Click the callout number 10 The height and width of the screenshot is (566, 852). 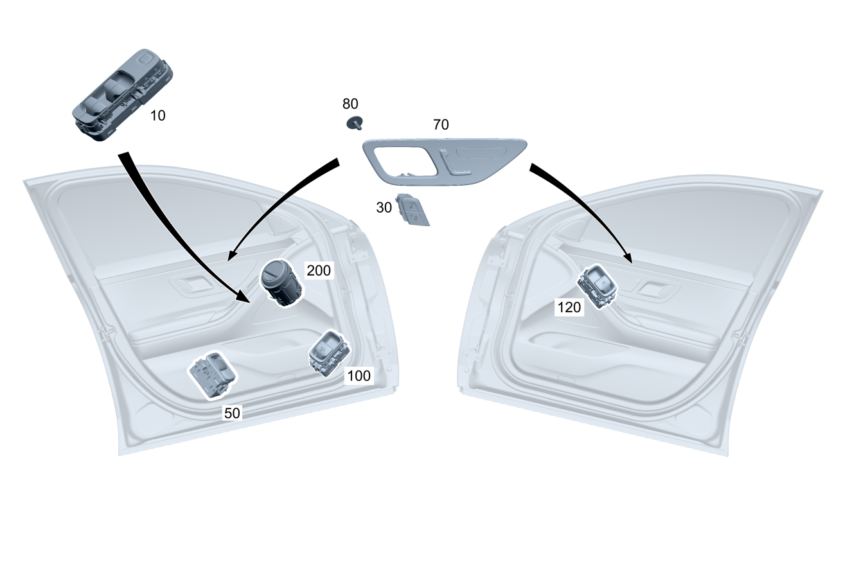157,116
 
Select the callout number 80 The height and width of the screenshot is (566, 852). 350,104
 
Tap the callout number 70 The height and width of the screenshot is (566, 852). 441,125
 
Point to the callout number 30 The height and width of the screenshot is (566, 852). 384,208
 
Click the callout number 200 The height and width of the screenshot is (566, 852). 319,270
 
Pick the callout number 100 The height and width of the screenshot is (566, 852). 359,376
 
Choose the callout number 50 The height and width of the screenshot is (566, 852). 232,413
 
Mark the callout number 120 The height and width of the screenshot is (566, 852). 569,308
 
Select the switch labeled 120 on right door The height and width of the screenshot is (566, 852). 598,285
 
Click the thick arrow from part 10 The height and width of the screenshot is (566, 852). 167,218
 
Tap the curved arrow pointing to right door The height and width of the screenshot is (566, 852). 585,206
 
